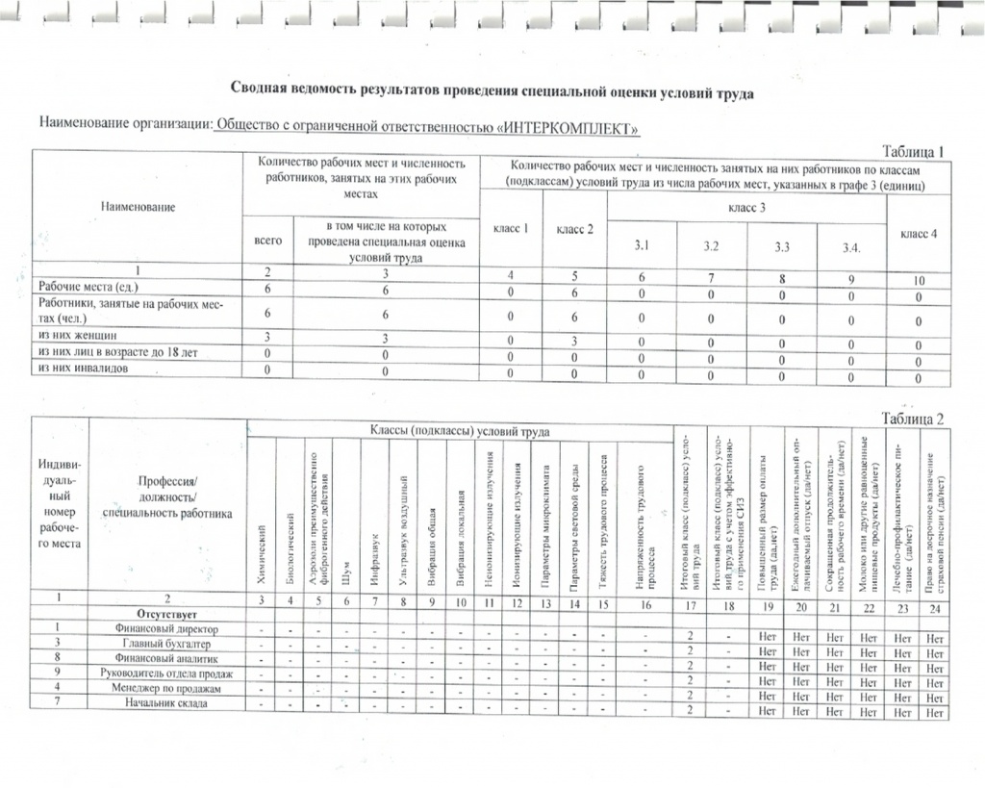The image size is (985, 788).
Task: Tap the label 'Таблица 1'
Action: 915,150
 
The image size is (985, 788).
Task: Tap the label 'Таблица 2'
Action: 915,419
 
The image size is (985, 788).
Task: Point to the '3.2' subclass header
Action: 711,247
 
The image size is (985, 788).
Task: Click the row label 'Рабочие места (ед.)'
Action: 88,287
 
